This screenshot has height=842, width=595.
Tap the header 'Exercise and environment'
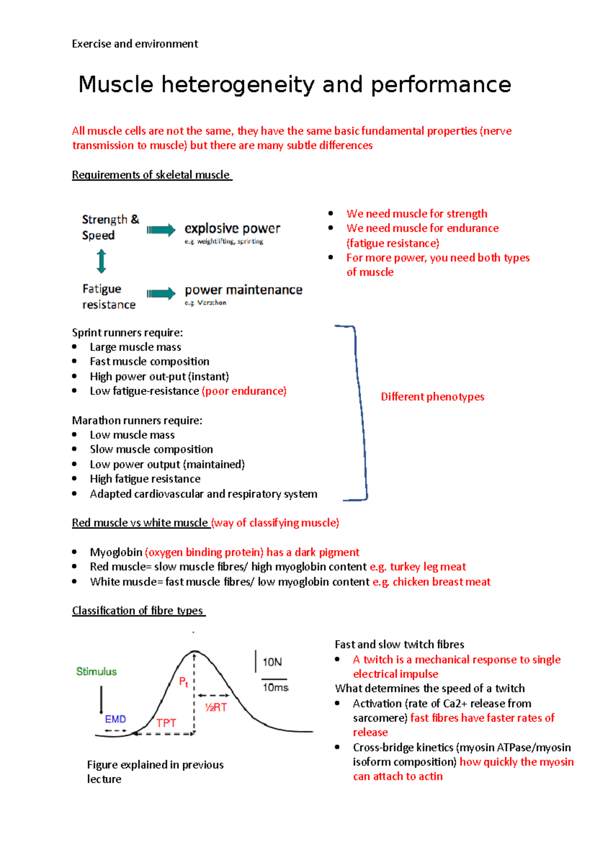pyautogui.click(x=135, y=44)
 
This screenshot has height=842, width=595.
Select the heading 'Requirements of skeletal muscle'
pyautogui.click(x=151, y=175)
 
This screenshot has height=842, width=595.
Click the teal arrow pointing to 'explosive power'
pyautogui.click(x=162, y=230)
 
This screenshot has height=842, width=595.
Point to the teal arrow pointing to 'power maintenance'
pyautogui.click(x=162, y=293)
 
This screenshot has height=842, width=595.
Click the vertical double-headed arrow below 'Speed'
pyautogui.click(x=101, y=261)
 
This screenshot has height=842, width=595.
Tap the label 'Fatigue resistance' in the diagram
pyautogui.click(x=109, y=297)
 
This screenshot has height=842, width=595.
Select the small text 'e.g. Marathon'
pyautogui.click(x=205, y=302)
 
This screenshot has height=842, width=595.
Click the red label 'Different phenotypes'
pyautogui.click(x=432, y=397)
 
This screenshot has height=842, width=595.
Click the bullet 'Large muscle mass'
pyautogui.click(x=135, y=347)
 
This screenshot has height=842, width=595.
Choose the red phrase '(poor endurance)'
pyautogui.click(x=244, y=391)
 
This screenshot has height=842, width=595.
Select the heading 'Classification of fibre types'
pyautogui.click(x=138, y=610)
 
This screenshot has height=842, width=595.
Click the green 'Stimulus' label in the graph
pyautogui.click(x=97, y=671)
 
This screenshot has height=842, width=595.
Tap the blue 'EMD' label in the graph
pyautogui.click(x=116, y=719)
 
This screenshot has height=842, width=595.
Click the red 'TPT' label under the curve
pyautogui.click(x=166, y=723)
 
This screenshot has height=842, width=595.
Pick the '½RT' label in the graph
pyautogui.click(x=216, y=707)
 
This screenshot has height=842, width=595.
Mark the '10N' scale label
pyautogui.click(x=272, y=662)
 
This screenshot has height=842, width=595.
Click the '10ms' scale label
pyautogui.click(x=275, y=687)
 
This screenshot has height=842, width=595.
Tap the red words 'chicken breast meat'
pyautogui.click(x=441, y=582)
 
